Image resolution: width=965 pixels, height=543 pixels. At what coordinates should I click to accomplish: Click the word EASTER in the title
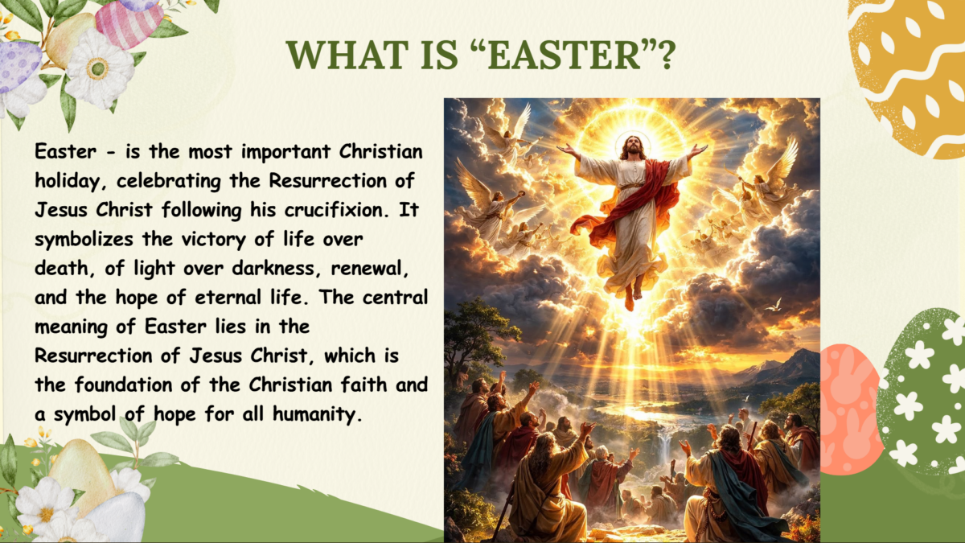[565, 55]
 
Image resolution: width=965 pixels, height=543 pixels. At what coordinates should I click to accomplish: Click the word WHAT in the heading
[347, 55]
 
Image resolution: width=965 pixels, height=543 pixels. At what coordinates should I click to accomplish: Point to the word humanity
[317, 414]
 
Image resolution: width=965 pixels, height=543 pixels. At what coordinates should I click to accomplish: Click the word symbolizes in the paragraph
[84, 240]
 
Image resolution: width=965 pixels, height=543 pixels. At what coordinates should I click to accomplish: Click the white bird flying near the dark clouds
[774, 305]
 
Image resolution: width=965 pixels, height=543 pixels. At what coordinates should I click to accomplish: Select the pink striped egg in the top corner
[129, 23]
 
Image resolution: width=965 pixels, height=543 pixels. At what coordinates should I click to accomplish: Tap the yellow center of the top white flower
[98, 68]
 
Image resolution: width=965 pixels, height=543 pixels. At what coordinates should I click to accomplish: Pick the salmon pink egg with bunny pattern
[848, 409]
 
